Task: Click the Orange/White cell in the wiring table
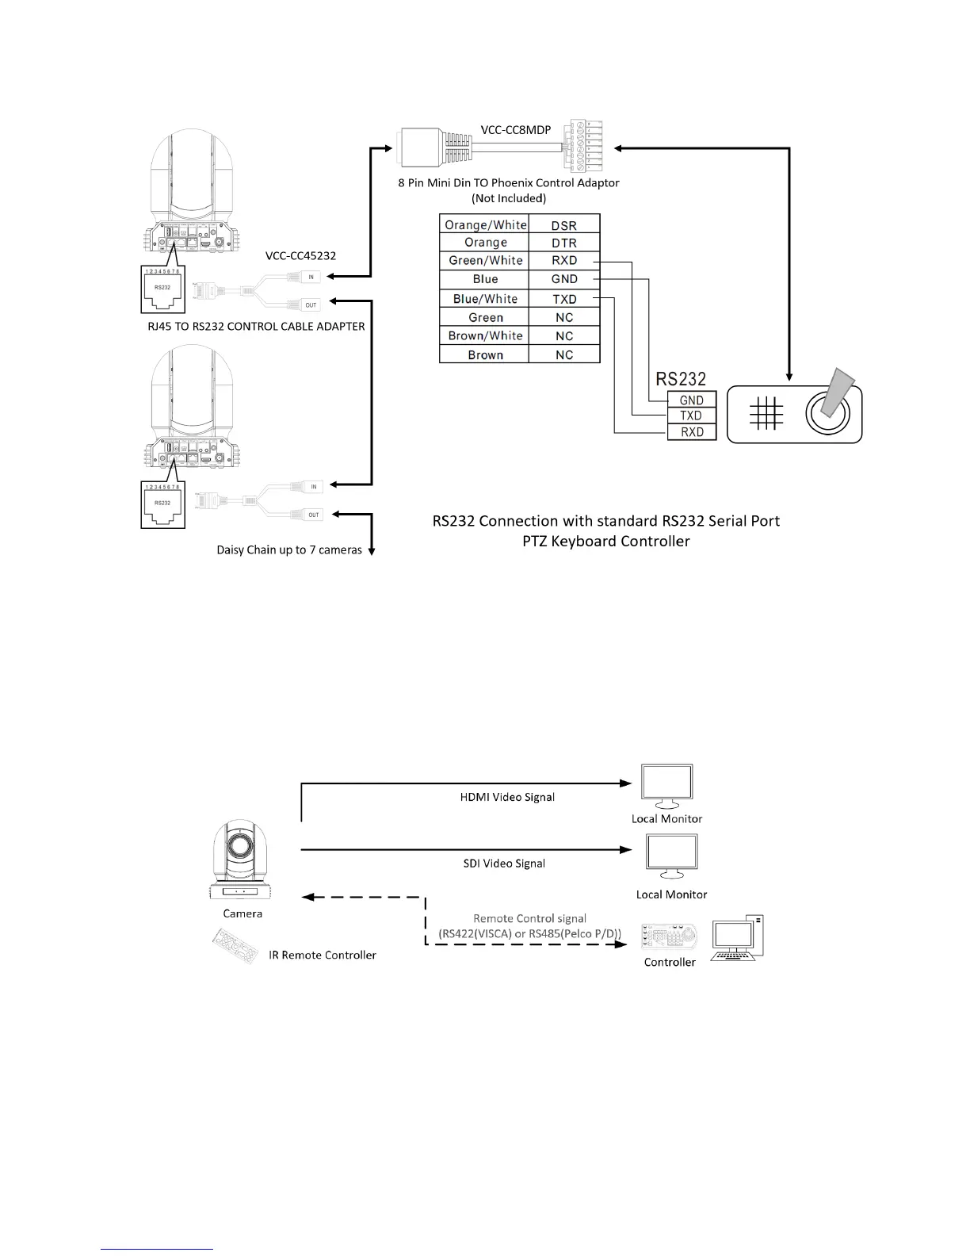(485, 224)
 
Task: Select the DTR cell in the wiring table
(563, 243)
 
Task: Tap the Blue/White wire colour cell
(485, 299)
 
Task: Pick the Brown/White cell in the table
(485, 335)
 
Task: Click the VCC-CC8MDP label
(516, 129)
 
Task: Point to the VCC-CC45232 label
(300, 255)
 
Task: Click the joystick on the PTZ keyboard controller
(827, 411)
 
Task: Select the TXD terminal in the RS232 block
(691, 415)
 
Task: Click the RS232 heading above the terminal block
(681, 379)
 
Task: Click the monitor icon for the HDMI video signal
(666, 785)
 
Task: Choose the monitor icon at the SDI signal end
(672, 856)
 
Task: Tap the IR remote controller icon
(235, 946)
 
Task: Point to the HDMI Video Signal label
(507, 797)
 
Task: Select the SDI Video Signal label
(504, 863)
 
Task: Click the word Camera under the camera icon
(242, 913)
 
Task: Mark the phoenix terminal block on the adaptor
(583, 145)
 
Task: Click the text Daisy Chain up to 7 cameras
(289, 549)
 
